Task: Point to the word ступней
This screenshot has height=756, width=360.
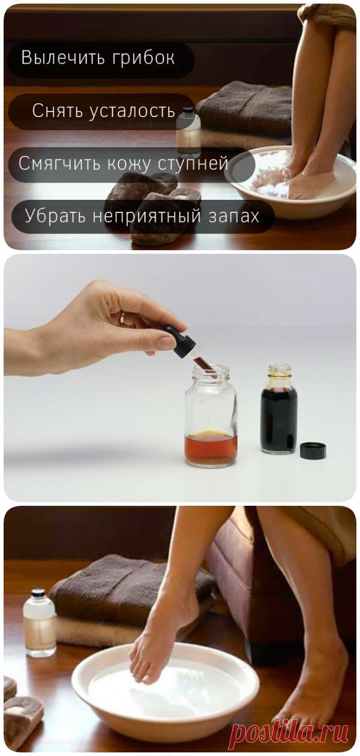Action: [195, 164]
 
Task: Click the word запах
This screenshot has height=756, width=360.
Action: [236, 216]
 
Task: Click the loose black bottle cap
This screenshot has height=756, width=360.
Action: [313, 450]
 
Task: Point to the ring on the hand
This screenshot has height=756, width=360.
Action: [122, 316]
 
